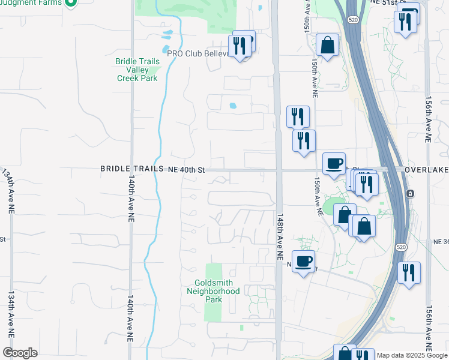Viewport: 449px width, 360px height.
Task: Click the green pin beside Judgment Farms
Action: tap(71, 3)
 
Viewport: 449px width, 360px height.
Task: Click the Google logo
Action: tap(20, 353)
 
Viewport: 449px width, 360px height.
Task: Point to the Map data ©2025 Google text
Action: tap(412, 355)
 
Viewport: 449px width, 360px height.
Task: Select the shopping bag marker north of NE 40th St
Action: tap(328, 45)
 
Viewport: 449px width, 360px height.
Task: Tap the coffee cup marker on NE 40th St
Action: tap(334, 163)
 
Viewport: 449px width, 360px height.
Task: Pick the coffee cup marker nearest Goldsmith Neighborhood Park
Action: tap(304, 261)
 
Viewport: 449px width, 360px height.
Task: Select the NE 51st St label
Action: tap(387, 2)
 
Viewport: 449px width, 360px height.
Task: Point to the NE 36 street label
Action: tap(441, 241)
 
